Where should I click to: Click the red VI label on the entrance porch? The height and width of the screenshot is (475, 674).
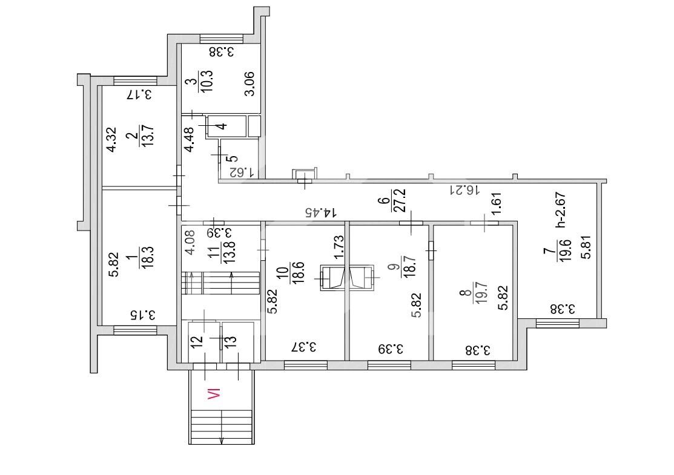point(214,394)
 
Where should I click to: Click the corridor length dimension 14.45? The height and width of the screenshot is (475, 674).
point(321,212)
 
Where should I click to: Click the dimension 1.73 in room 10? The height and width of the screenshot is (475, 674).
point(339,247)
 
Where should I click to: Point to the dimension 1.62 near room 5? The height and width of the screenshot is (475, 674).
point(243,172)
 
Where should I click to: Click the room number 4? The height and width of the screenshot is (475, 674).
point(222,126)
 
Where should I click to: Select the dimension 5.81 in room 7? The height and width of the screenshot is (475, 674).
point(586,247)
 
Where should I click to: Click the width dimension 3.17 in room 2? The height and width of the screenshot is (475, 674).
point(139,94)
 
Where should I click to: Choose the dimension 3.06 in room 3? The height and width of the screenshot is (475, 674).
point(249,84)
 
